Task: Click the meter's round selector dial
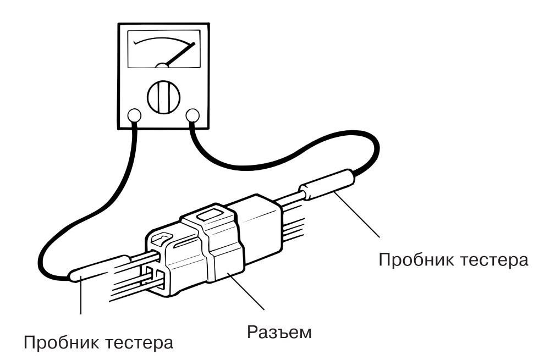(163, 97)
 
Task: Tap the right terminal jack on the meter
(192, 115)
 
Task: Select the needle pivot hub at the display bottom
(162, 65)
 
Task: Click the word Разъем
(279, 333)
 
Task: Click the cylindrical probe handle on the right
(328, 184)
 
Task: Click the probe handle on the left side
(100, 268)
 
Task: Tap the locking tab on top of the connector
(210, 213)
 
